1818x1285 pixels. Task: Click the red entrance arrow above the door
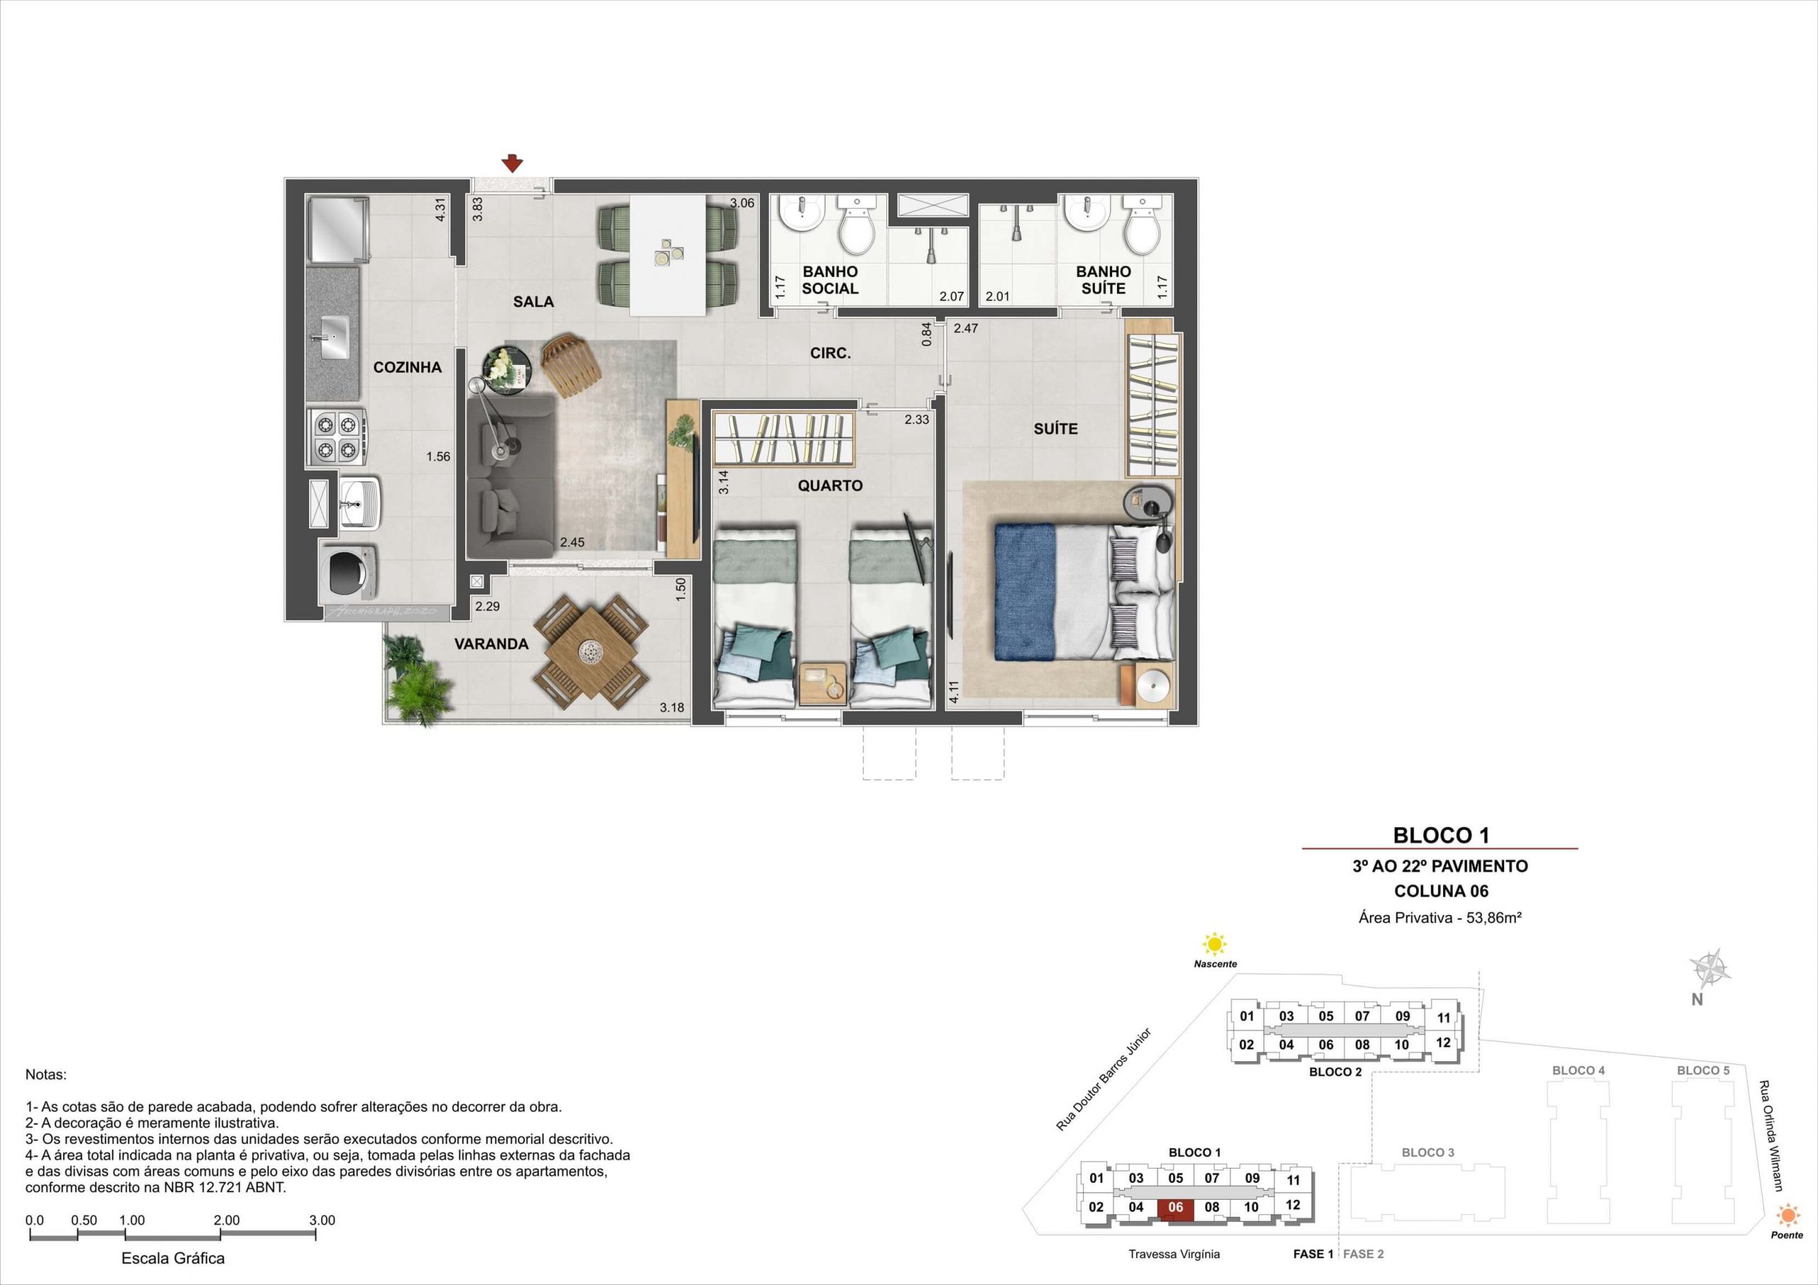coord(513,163)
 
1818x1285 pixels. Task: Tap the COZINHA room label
coord(407,367)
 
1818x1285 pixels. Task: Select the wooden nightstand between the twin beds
coord(824,683)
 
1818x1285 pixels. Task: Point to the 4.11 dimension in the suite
coord(954,692)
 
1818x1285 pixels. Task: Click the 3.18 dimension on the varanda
coord(673,707)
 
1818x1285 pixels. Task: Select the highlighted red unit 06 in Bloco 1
coord(1176,1208)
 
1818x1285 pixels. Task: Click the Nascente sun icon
coord(1214,944)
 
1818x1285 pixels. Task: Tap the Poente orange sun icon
coord(1787,1214)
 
